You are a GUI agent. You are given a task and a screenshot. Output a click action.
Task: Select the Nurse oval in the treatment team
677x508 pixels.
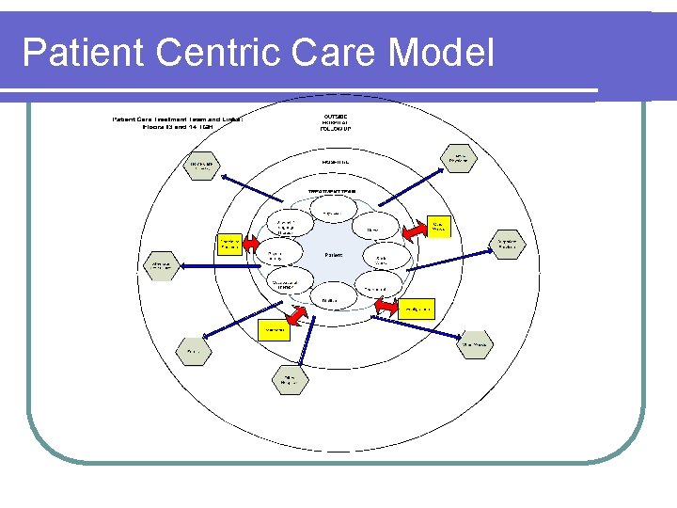click(373, 230)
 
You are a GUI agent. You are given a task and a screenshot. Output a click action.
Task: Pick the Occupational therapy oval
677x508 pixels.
click(284, 284)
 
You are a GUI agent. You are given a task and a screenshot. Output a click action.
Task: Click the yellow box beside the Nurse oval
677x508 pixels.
click(439, 226)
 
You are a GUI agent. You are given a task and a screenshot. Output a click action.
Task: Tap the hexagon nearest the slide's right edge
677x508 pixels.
click(508, 245)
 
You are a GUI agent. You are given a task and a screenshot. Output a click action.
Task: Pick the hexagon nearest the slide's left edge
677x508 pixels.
click(156, 266)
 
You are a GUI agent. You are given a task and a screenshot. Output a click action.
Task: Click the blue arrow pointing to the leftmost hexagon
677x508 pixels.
click(221, 266)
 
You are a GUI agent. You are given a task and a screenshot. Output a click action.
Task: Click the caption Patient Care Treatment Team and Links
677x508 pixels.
click(178, 123)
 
